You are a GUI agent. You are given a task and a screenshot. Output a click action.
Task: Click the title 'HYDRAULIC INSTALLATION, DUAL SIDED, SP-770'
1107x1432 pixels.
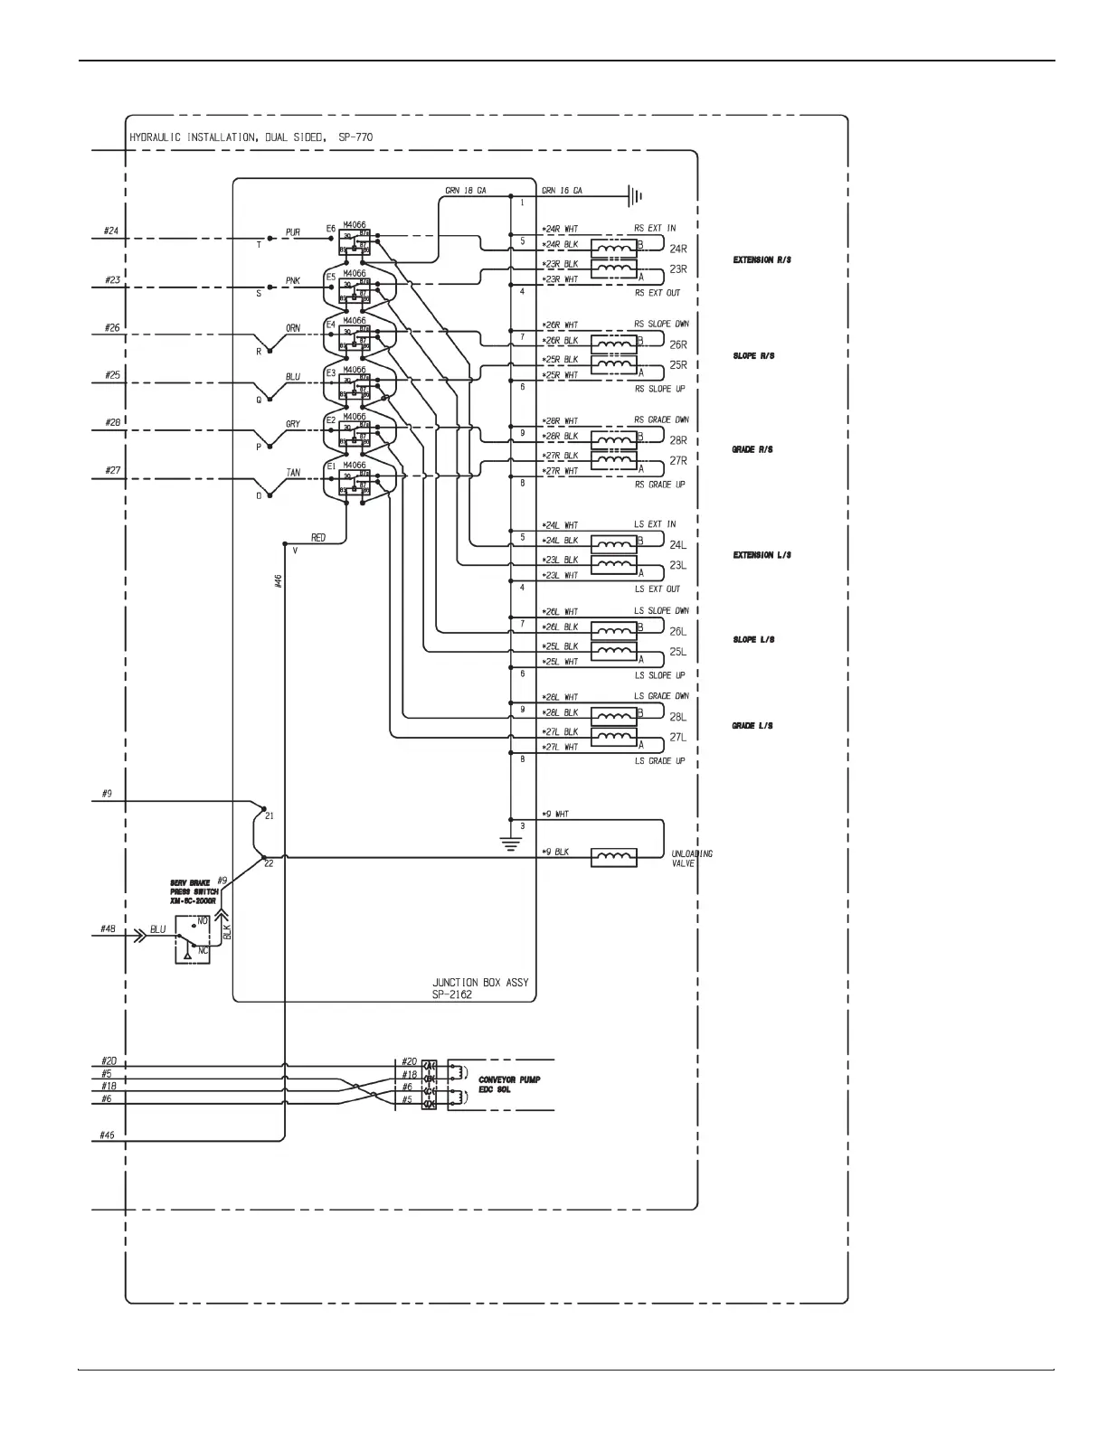(251, 137)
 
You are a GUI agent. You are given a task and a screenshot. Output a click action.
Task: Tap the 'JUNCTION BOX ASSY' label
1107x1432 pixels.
(480, 982)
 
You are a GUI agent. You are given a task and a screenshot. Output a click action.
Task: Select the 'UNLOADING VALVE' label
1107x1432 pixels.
(692, 858)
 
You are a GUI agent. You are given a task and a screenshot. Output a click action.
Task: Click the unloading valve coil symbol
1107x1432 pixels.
(613, 857)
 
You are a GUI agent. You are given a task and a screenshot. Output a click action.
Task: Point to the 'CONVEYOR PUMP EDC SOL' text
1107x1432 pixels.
(509, 1085)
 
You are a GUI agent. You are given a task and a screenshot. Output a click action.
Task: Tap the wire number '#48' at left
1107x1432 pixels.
(108, 928)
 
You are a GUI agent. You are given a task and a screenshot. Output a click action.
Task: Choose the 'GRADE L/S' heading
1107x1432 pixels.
(752, 726)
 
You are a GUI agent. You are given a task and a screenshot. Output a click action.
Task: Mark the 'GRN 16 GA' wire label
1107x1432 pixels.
(562, 191)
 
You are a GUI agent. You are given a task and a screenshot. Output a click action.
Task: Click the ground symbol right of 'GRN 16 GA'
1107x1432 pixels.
(636, 194)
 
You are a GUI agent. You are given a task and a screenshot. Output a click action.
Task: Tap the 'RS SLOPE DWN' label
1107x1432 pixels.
(661, 324)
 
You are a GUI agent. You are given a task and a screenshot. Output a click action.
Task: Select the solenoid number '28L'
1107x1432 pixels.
(677, 717)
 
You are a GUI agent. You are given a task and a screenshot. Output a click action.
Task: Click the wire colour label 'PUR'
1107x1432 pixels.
(292, 232)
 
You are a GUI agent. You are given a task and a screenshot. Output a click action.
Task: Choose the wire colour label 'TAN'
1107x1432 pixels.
(292, 473)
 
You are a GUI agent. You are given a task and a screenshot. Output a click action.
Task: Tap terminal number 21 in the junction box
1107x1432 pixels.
(269, 815)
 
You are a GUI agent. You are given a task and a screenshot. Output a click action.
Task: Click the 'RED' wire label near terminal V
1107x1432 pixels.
(318, 538)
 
